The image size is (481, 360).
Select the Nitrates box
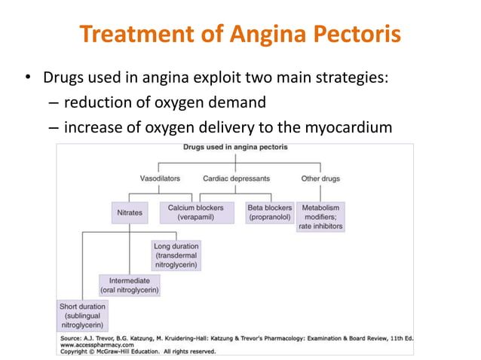(129, 213)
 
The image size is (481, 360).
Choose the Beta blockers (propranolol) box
(270, 212)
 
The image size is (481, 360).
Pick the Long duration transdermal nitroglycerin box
(176, 256)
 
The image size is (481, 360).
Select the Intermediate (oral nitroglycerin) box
(129, 285)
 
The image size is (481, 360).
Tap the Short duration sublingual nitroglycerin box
(82, 316)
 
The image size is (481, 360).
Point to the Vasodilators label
(161, 178)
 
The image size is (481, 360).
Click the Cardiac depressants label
(236, 178)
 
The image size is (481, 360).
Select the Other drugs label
(320, 178)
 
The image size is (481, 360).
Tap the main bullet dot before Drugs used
(28, 78)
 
